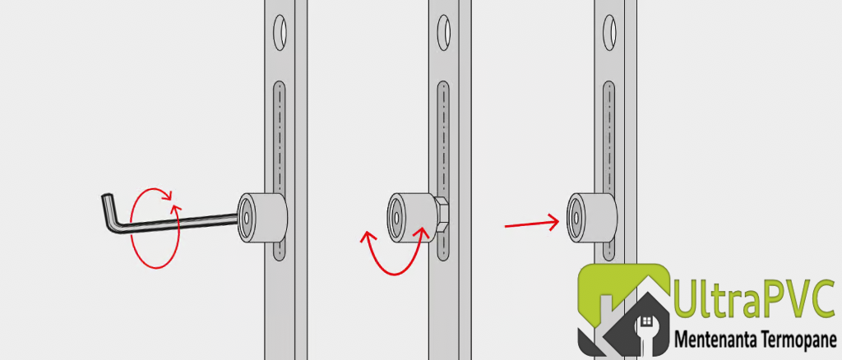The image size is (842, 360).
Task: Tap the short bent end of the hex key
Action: pyautogui.click(x=109, y=212)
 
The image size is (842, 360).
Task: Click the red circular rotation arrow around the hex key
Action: pyautogui.click(x=155, y=228)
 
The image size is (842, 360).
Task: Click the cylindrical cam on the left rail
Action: pyautogui.click(x=262, y=217)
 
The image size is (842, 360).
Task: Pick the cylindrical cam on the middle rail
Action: pyautogui.click(x=410, y=217)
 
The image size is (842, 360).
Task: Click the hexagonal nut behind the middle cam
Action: pyautogui.click(x=441, y=216)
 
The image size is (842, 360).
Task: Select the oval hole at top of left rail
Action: pyautogui.click(x=280, y=33)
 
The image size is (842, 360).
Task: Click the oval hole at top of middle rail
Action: pyautogui.click(x=443, y=33)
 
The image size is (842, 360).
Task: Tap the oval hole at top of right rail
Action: pyautogui.click(x=609, y=33)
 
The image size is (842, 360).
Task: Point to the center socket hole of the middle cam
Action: pyautogui.click(x=396, y=218)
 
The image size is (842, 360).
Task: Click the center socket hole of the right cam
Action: pyautogui.click(x=576, y=218)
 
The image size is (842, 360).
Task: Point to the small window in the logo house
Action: pyautogui.click(x=647, y=321)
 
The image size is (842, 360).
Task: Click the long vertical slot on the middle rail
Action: pyautogui.click(x=443, y=171)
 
